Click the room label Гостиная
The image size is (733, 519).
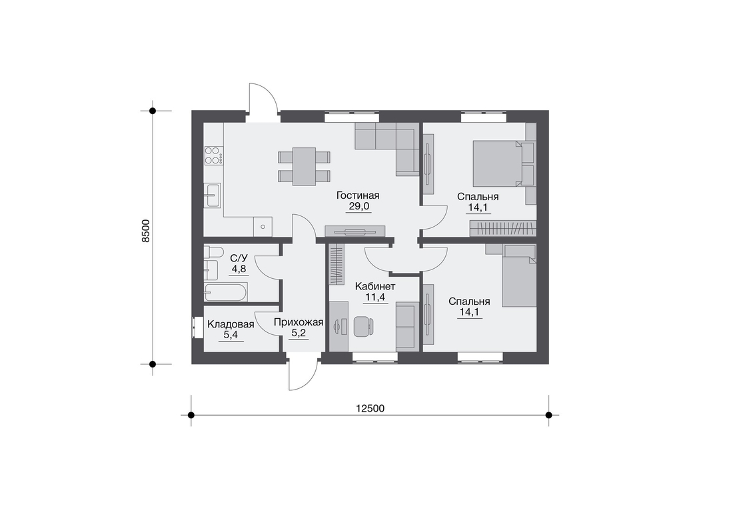pyautogui.click(x=358, y=195)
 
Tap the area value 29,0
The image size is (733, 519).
pyautogui.click(x=359, y=206)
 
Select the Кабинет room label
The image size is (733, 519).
pyautogui.click(x=375, y=286)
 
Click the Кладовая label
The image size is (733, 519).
pyautogui.click(x=231, y=324)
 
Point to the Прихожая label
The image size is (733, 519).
pyautogui.click(x=299, y=322)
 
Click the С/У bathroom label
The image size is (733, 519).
pyautogui.click(x=239, y=258)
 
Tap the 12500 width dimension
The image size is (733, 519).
pyautogui.click(x=370, y=408)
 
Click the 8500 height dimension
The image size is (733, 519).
pyautogui.click(x=145, y=231)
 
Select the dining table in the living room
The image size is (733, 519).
pyautogui.click(x=305, y=167)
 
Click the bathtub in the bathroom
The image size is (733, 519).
pyautogui.click(x=226, y=292)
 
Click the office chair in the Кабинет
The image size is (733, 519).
pyautogui.click(x=363, y=326)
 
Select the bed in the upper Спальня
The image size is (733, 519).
pyautogui.click(x=496, y=164)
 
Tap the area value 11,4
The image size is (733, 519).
pyautogui.click(x=375, y=297)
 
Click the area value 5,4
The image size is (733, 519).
pyautogui.click(x=231, y=335)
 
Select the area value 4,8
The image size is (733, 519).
pyautogui.click(x=239, y=269)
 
